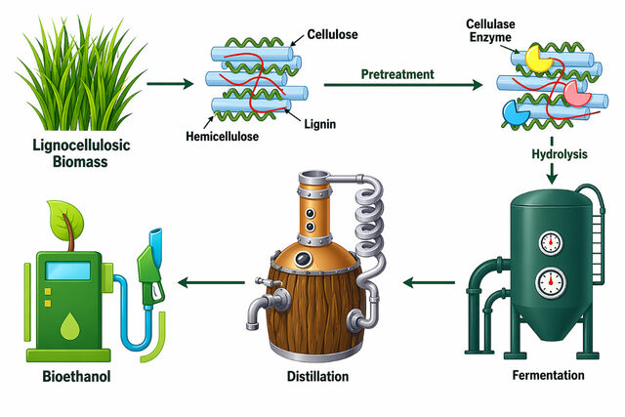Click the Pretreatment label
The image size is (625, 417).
(397, 74)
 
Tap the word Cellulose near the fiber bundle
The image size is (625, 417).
(332, 35)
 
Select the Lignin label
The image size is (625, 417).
(320, 124)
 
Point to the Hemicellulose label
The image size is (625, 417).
(222, 137)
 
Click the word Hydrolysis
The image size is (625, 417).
(560, 154)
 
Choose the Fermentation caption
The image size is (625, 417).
(548, 375)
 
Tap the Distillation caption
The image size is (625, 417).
(317, 376)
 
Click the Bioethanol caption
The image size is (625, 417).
(76, 376)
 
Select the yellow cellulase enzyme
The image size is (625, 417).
(537, 59)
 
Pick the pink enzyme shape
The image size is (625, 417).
(576, 94)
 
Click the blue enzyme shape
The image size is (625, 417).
(515, 113)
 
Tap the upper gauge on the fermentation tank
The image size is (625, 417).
(551, 243)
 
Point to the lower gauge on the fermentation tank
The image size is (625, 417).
(551, 282)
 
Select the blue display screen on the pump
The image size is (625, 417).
(67, 271)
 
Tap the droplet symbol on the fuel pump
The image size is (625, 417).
(70, 326)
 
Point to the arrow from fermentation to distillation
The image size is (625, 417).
(429, 283)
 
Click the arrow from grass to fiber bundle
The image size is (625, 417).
(170, 84)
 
